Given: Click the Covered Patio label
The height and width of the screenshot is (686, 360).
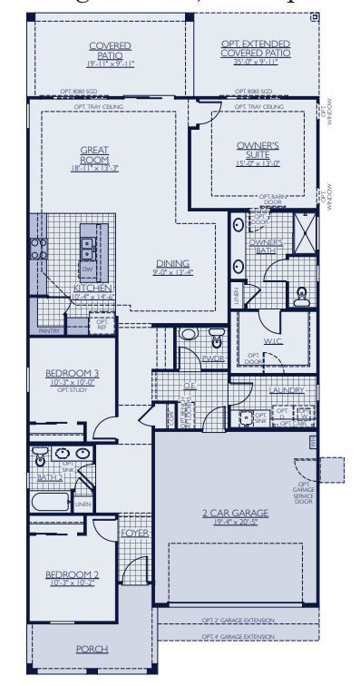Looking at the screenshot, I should pos(110,51).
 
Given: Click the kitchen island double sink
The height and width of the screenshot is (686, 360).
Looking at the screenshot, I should pos(86,243).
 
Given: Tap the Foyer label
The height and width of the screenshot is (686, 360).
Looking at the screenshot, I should pos(133,534).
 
